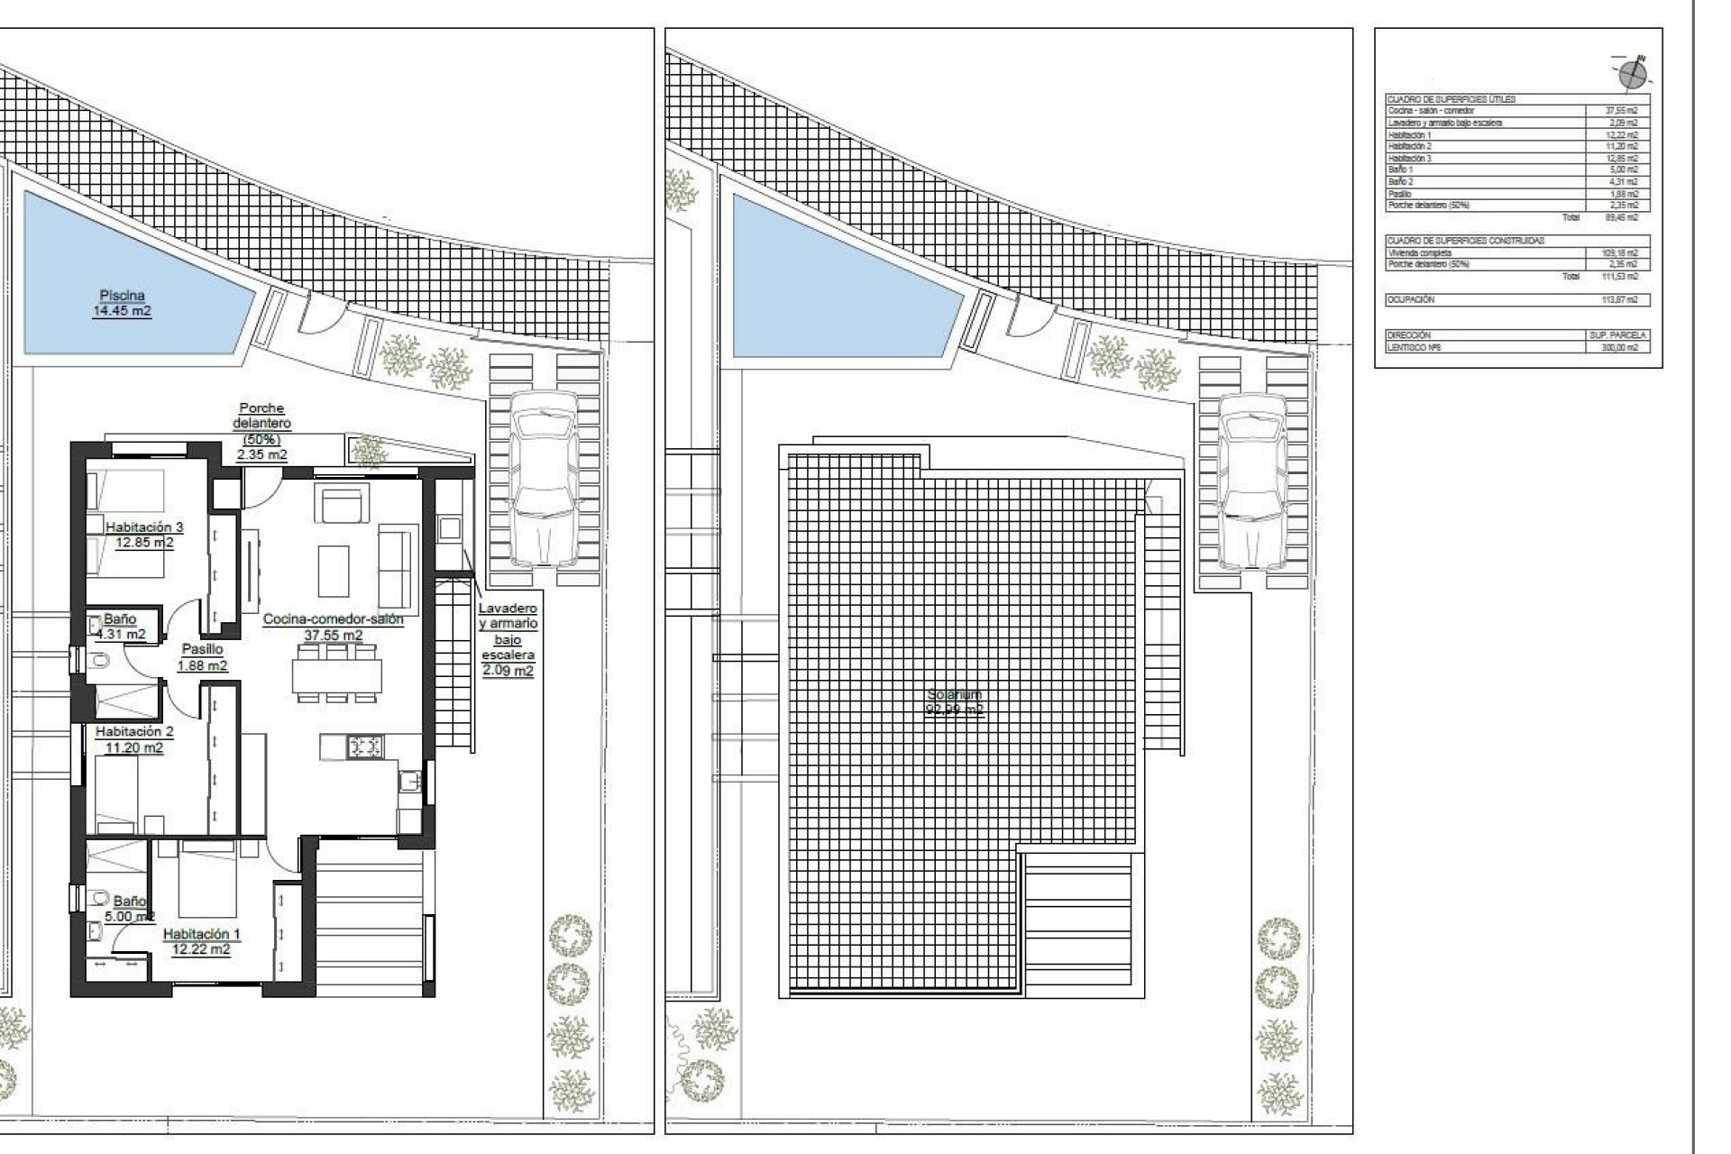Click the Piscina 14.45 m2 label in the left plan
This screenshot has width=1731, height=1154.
[122, 303]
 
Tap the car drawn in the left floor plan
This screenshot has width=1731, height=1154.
[543, 478]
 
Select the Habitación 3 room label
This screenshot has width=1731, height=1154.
[144, 535]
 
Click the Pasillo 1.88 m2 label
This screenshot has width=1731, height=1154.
[202, 657]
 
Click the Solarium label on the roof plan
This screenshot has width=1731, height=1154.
[955, 701]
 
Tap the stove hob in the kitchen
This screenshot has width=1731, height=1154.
[365, 746]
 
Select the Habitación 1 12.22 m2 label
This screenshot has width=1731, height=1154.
[201, 941]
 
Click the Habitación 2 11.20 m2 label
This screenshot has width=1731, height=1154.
[133, 739]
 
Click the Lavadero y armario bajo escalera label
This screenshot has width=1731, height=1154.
[508, 639]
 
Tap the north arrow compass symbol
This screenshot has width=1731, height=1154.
[1632, 74]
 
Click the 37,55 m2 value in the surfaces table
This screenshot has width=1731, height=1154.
[1621, 111]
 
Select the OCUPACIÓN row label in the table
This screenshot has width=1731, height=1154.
[1412, 299]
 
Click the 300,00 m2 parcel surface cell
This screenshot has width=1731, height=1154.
[1621, 347]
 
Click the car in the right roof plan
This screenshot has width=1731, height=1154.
[1252, 480]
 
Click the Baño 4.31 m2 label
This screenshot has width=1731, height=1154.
[120, 626]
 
